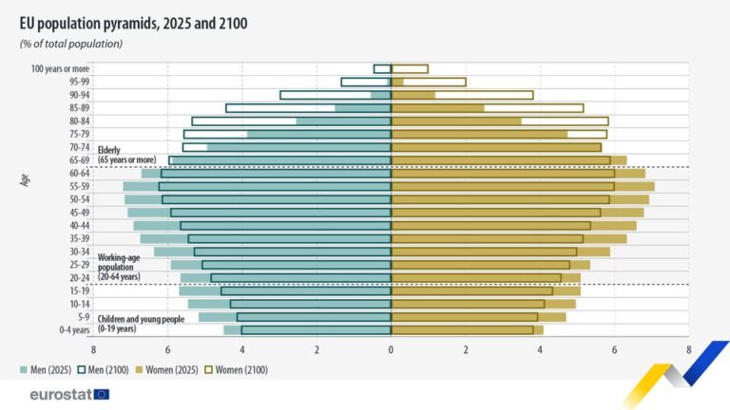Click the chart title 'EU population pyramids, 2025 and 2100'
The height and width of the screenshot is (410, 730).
133,23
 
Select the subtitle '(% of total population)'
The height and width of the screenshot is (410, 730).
71,44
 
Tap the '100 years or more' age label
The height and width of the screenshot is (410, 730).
61,68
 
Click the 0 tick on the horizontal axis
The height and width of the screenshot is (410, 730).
391,349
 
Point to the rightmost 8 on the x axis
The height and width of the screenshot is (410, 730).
688,349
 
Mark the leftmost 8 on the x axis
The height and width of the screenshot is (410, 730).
93,349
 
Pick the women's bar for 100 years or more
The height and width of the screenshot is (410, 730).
410,68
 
